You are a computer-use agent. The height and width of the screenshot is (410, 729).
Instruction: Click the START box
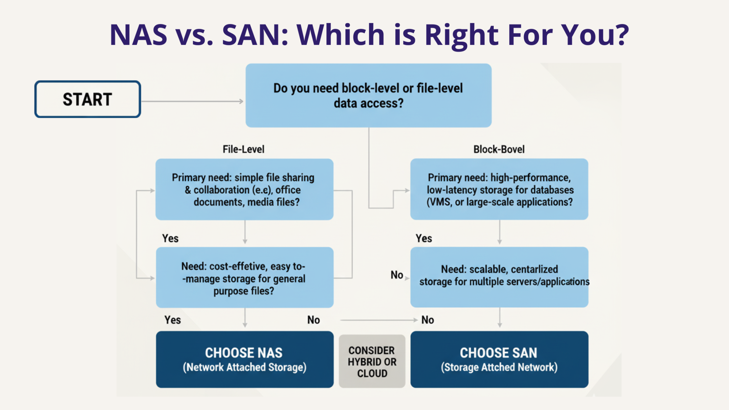coord(88,99)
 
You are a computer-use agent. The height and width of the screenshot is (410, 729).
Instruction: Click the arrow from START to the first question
coord(192,101)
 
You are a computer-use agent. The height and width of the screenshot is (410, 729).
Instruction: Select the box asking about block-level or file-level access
coord(368,95)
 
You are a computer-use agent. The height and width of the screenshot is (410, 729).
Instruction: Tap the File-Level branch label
coord(243,149)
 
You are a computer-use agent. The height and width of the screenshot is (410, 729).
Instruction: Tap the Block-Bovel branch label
coord(499,149)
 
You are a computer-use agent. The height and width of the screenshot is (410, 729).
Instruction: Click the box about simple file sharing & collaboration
coord(244,189)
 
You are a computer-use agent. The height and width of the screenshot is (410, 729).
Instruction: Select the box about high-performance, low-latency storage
coord(499,189)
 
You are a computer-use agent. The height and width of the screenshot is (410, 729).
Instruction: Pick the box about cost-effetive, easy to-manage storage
coord(244,278)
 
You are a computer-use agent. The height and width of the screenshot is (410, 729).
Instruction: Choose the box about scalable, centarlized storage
coord(499,277)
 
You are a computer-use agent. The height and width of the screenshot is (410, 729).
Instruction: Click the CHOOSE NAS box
coord(244,359)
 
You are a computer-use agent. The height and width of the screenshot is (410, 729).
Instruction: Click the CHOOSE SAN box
coord(499,359)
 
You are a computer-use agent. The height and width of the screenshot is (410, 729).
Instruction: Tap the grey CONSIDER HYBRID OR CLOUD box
coord(372,361)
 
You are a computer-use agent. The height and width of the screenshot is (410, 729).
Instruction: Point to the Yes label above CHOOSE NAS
coord(173,320)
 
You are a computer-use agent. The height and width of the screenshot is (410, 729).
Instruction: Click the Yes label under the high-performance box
coord(424,238)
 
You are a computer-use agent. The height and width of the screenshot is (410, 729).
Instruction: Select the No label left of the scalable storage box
coord(397,275)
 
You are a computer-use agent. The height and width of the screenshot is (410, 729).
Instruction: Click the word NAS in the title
coord(138,35)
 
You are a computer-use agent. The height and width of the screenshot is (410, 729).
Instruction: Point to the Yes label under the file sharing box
coord(170,238)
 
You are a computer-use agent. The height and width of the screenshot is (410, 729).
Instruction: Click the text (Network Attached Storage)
coord(244,367)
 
